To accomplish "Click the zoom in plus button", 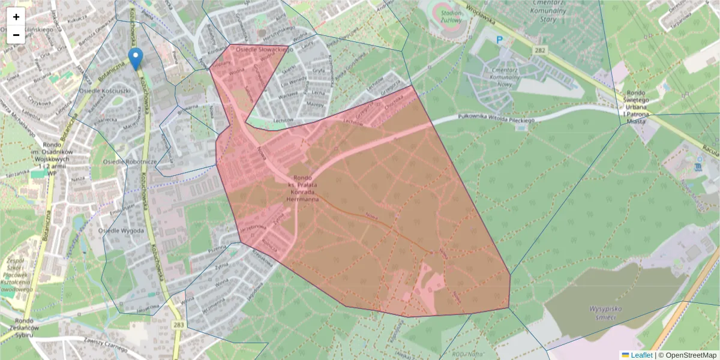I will point(16,17).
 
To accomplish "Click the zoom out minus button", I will point(16,35).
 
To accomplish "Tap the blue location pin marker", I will point(136,58).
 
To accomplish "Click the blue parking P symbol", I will point(499,40).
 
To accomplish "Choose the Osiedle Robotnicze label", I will point(130,162).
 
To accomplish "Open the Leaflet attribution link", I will point(641,355).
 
